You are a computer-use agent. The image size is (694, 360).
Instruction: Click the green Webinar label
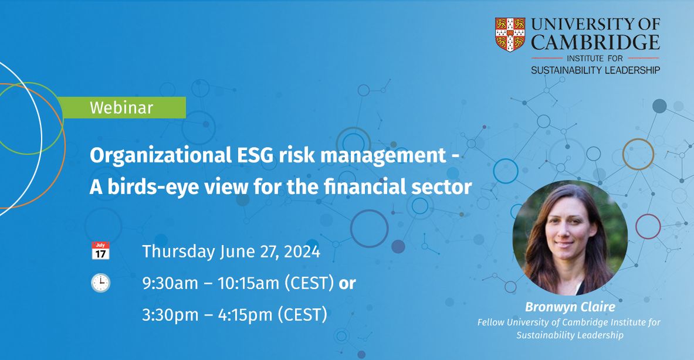coord(121,107)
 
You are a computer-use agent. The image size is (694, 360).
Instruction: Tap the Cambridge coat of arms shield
coord(510,34)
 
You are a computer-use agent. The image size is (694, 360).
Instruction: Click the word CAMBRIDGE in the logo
coord(595,42)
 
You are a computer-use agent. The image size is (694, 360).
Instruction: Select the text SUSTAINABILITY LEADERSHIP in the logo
coord(595,70)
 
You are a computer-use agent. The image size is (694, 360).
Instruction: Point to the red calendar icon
coord(100,250)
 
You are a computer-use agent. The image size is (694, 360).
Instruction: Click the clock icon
coord(100,283)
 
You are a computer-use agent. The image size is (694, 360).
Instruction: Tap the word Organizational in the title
coord(161,156)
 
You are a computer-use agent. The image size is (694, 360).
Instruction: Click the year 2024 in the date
coord(302,251)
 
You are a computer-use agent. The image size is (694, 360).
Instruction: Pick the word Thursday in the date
coord(178,252)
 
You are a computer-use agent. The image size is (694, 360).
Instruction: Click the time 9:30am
coord(170,283)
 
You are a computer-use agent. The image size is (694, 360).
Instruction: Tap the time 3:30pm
coord(170,315)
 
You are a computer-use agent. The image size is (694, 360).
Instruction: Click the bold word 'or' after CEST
coord(347,284)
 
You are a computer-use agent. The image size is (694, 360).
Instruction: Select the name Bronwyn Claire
coord(570,307)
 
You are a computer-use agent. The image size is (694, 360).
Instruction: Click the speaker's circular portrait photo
coord(570,237)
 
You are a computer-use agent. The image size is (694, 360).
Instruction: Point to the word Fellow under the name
coord(491,322)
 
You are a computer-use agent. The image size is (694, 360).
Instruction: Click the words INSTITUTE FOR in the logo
coord(594,58)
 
